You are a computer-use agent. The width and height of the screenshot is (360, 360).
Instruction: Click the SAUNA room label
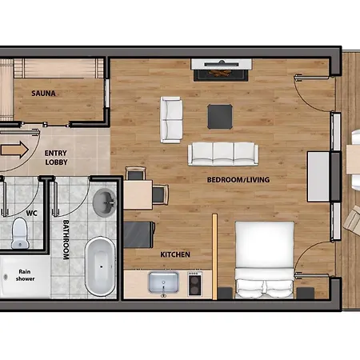tap(43, 94)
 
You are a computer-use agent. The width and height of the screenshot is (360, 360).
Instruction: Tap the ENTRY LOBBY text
tap(56, 158)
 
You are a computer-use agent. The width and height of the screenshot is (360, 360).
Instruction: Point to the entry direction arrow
tap(14, 150)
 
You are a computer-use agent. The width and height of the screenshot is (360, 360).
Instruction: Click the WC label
tap(32, 214)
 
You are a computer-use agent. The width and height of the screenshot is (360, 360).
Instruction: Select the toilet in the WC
tap(20, 234)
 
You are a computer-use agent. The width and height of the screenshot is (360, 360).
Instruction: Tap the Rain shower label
tap(25, 275)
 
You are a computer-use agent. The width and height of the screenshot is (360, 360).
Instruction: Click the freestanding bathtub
tap(100, 266)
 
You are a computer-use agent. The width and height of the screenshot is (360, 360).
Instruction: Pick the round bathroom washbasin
tap(104, 202)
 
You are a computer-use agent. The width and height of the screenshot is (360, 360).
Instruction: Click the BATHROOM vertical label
tap(66, 239)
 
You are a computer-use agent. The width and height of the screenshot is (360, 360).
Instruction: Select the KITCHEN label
tap(175, 254)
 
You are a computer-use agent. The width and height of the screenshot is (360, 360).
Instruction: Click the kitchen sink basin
tap(163, 282)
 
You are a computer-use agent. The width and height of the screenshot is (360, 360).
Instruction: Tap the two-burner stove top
tap(194, 284)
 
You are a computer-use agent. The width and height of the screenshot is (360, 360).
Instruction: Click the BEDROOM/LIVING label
tap(238, 180)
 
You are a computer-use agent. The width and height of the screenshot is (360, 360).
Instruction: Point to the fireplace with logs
tap(221, 70)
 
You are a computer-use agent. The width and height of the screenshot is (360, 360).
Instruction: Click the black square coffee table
tap(220, 117)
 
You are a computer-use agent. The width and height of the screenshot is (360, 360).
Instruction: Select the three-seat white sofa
tap(223, 154)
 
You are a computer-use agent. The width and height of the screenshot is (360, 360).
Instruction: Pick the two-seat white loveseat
tap(171, 120)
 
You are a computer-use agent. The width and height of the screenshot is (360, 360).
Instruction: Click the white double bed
tap(264, 260)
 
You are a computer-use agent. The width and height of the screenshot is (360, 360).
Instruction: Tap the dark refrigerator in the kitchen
tap(139, 234)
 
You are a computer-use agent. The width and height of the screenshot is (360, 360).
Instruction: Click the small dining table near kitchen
tap(138, 195)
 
